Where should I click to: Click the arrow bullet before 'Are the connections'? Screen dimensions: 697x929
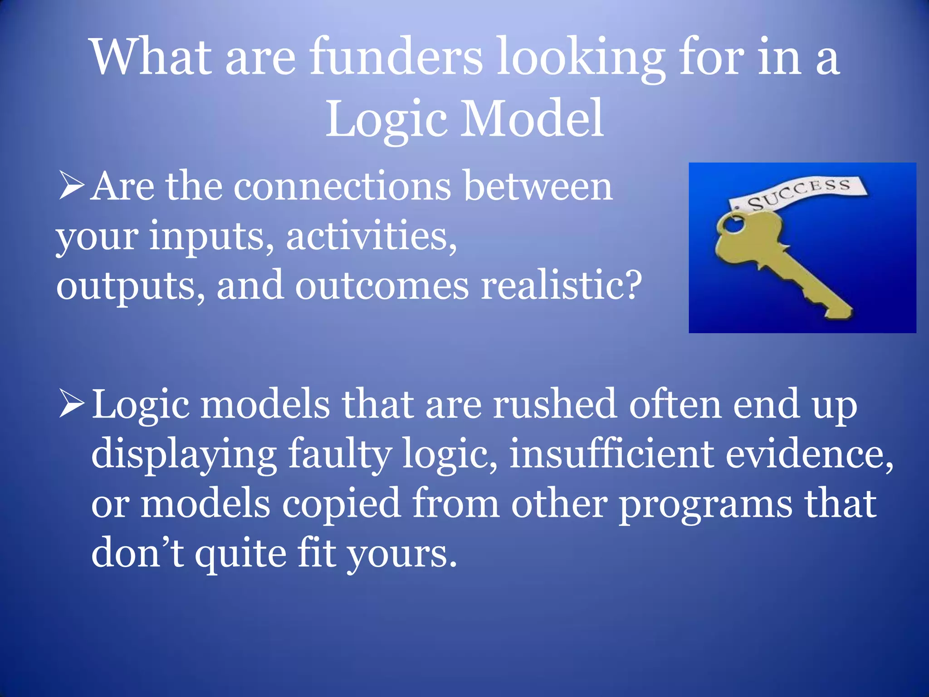(x=72, y=186)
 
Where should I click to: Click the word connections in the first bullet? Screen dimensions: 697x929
(x=342, y=187)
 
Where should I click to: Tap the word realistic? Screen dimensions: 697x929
(x=561, y=286)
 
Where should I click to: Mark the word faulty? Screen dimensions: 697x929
(x=339, y=455)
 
